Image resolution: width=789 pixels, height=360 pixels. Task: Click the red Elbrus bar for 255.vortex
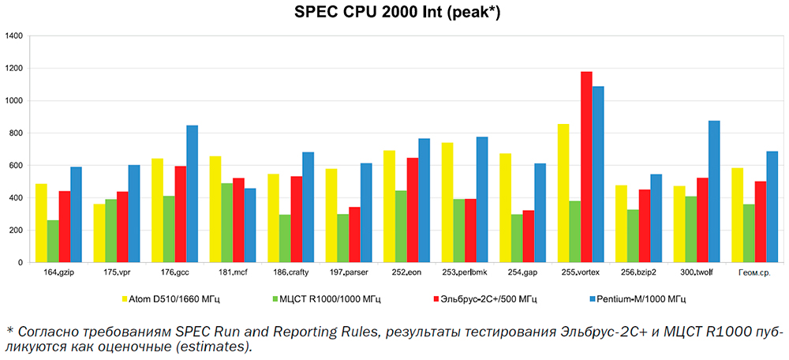(586, 167)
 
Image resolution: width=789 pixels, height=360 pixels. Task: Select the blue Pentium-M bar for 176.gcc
(193, 193)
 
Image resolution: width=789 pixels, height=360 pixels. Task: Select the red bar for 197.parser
(354, 234)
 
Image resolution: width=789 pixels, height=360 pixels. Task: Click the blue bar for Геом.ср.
(772, 206)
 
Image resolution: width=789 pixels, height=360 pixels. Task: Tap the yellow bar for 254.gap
(505, 208)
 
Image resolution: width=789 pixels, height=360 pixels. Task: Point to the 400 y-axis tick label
(17, 198)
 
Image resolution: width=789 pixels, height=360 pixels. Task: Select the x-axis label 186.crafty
(290, 272)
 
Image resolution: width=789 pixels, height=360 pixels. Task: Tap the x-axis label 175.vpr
(117, 272)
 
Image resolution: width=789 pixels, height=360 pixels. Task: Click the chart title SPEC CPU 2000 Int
(394, 13)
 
